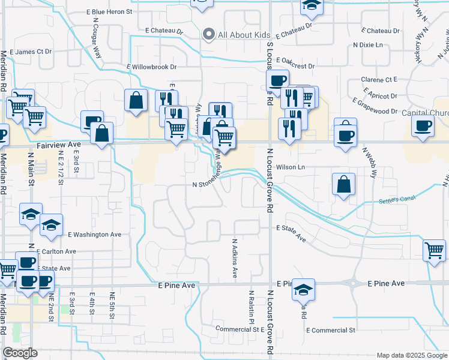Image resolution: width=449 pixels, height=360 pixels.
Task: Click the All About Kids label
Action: (244, 35)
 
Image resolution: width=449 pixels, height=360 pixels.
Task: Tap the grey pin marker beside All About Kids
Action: (209, 34)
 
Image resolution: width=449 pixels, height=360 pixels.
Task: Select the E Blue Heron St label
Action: (108, 11)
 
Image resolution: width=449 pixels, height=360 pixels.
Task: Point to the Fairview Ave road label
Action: (58, 145)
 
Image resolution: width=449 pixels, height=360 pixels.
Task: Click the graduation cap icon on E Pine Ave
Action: (304, 290)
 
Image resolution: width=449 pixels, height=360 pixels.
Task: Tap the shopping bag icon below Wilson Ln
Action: (343, 185)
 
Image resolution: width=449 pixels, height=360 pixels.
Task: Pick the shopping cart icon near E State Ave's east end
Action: (434, 251)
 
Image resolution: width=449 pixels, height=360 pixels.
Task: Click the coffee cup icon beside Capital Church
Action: (423, 126)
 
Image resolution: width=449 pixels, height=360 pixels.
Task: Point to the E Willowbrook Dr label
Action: (152, 67)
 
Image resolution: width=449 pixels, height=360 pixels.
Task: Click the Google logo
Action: (20, 353)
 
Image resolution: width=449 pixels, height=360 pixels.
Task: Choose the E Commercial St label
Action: (331, 330)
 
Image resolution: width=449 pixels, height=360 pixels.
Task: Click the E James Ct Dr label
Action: (31, 52)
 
